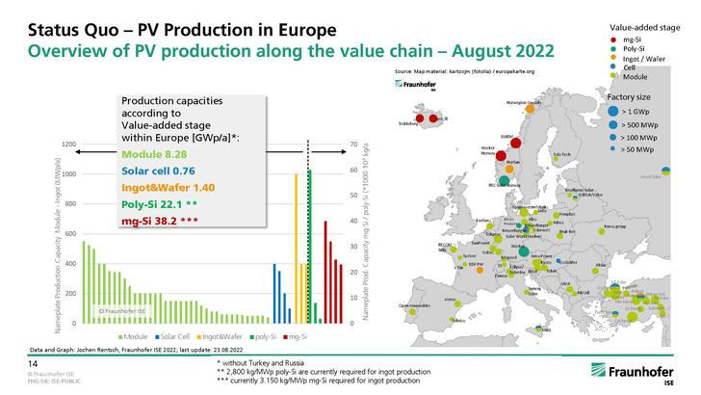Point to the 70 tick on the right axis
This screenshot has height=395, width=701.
click(353, 145)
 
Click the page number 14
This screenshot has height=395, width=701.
click(31, 360)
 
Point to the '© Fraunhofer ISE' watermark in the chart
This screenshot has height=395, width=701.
click(121, 311)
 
